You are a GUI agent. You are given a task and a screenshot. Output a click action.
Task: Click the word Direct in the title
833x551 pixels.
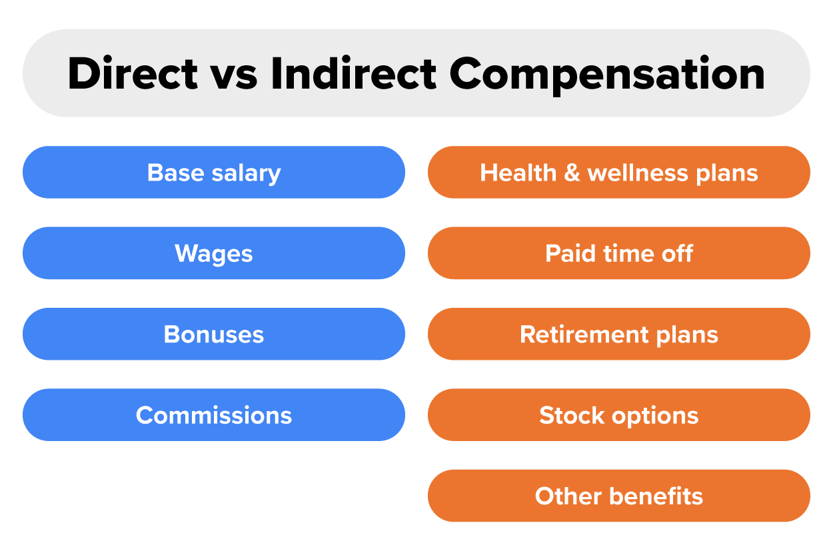tap(133, 73)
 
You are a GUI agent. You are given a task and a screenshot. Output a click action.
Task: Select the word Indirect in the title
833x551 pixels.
tap(353, 73)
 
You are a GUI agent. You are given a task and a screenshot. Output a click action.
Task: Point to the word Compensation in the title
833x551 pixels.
tap(606, 73)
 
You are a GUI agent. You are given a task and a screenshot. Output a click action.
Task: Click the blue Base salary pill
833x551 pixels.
tap(213, 173)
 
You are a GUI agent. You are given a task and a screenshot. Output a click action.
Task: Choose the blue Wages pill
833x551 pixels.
tap(213, 253)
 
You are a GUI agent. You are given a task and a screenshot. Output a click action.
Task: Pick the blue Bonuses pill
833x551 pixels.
tap(213, 334)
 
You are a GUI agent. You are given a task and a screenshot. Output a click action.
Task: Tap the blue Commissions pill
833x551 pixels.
tap(213, 415)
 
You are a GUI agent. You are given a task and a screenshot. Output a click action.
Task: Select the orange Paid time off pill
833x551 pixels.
tap(618, 253)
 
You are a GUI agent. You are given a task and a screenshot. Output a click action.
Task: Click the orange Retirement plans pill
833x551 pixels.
tap(618, 334)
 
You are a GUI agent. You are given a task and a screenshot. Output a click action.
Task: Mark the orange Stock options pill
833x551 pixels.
tap(618, 415)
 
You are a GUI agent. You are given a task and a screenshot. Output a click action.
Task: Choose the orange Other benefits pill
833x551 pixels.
tap(618, 496)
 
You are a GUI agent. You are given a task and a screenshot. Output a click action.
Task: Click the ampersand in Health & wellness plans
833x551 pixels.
tap(572, 173)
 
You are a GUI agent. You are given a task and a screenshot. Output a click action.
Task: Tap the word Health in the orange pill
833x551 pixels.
tap(518, 173)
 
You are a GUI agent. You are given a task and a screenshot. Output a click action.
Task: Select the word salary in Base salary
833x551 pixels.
tap(245, 173)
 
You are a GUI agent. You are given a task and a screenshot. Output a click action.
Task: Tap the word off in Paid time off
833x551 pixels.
tap(677, 253)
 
